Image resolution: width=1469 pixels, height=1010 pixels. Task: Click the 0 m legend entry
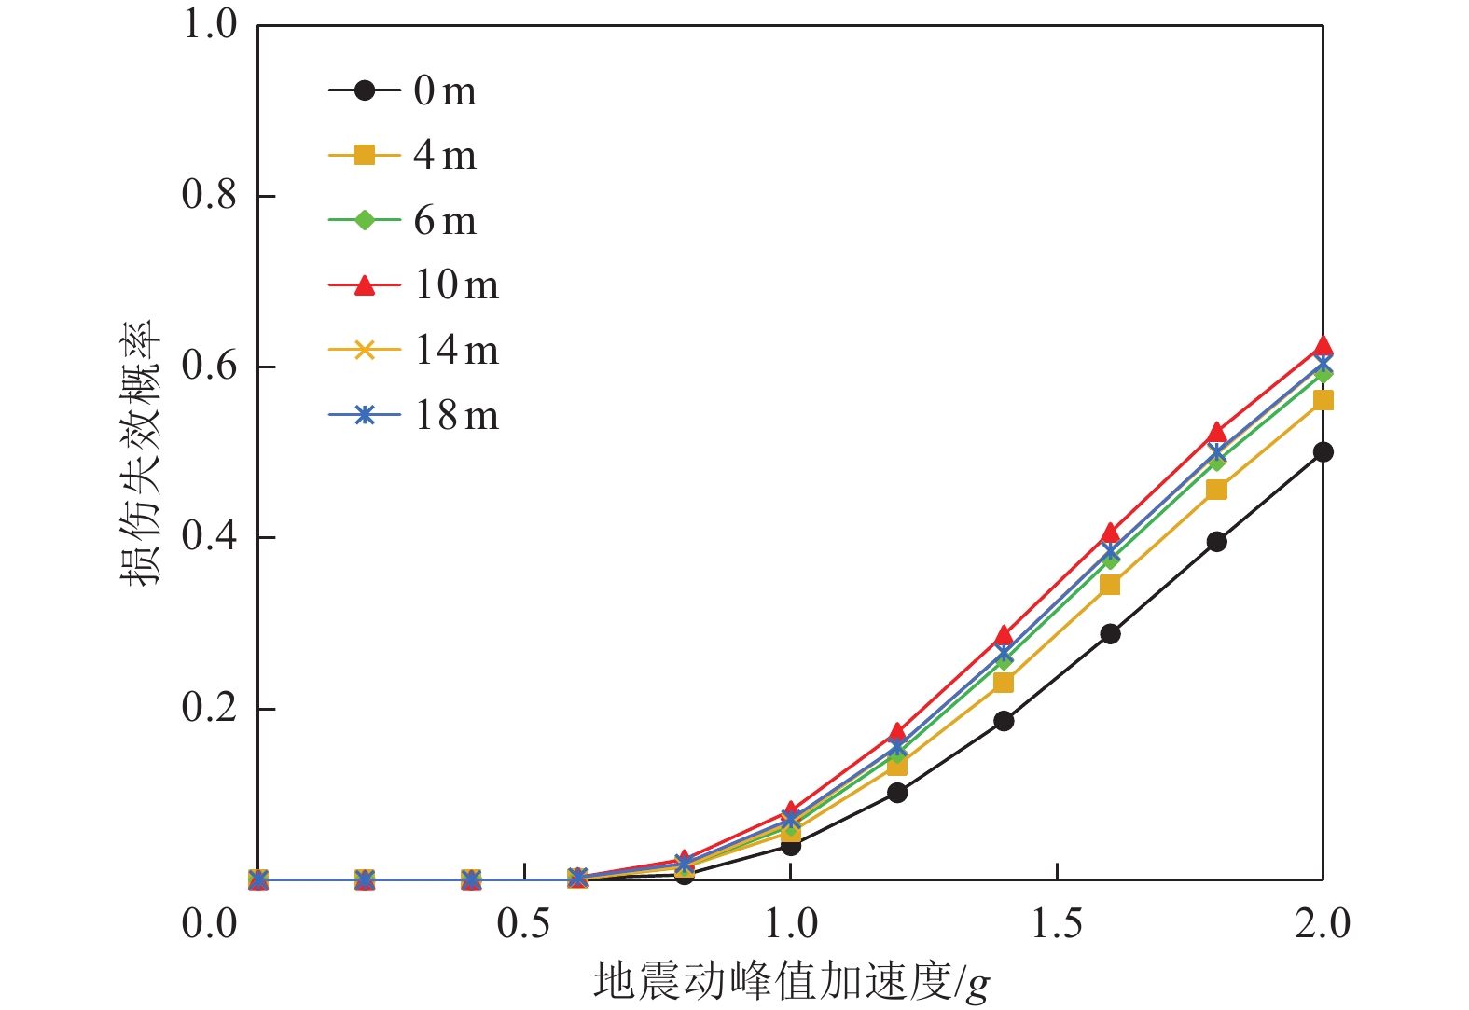point(404,90)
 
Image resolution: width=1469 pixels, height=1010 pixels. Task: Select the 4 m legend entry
point(404,156)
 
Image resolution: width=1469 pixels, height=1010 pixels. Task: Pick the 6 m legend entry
point(404,221)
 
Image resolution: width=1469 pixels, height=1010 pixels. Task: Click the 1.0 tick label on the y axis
point(210,25)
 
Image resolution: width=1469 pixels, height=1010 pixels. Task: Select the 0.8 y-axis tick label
point(210,196)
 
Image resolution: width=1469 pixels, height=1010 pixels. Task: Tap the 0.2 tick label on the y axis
point(210,709)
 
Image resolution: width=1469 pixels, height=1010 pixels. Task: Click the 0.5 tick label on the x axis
point(524,924)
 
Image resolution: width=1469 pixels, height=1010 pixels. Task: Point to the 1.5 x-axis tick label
point(1057,924)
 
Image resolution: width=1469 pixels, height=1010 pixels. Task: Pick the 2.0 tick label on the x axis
point(1323,924)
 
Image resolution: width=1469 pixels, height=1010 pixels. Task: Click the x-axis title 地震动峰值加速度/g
point(791,982)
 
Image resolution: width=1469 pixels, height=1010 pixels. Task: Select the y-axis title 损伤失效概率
point(141,452)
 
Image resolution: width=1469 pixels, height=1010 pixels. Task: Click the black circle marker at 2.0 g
point(1323,452)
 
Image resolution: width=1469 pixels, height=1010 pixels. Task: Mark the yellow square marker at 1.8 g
point(1216,490)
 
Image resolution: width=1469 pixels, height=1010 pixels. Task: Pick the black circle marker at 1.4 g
point(1004,721)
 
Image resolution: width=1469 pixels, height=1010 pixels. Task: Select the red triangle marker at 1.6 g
point(1110,533)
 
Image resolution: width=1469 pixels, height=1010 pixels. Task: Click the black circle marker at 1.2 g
point(897,793)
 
